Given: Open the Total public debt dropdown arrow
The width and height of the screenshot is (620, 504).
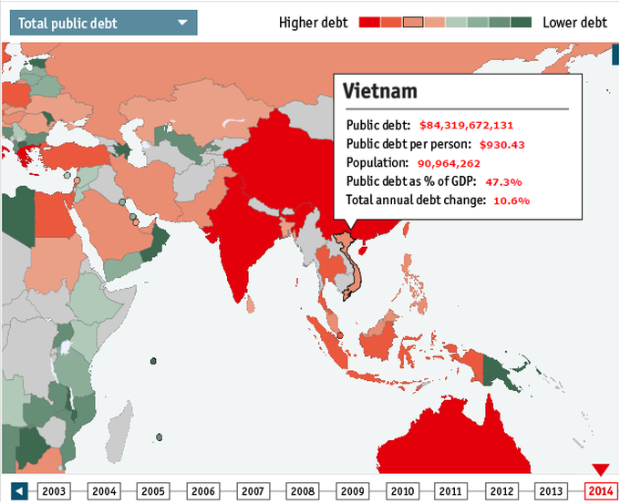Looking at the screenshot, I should coord(183,22).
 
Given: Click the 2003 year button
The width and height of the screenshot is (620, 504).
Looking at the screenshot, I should coord(55,491).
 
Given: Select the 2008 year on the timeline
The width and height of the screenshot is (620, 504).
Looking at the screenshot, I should coord(302,491).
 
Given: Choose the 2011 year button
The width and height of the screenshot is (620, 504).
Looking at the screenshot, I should coord(450,491).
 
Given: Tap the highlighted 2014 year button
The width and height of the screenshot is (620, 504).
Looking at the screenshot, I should coord(599,491).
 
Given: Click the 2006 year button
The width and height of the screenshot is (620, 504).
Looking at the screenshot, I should coord(202,491).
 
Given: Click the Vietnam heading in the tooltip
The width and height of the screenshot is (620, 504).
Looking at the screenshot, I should coord(380,91).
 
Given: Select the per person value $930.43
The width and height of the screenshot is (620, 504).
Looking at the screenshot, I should coord(502,145).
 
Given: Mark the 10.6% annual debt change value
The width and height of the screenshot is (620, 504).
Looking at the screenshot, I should coord(511,201).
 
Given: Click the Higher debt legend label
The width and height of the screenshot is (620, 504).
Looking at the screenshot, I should coord(313,22).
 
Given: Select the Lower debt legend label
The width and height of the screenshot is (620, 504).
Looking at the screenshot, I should coord(575,22).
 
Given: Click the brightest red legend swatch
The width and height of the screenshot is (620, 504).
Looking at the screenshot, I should coord(369,22).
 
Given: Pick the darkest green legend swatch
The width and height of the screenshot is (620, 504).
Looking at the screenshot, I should coord(521,22).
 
